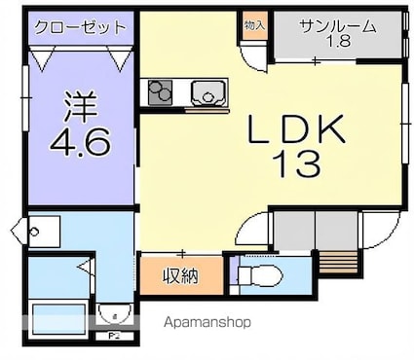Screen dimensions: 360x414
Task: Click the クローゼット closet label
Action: pyautogui.click(x=81, y=26)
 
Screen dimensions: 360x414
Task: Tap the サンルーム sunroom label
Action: pyautogui.click(x=338, y=26)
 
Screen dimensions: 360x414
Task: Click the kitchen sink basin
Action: pyautogui.click(x=207, y=93)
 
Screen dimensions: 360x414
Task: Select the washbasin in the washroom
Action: pyautogui.click(x=35, y=232)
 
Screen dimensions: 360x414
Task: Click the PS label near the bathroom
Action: pyautogui.click(x=113, y=336)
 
